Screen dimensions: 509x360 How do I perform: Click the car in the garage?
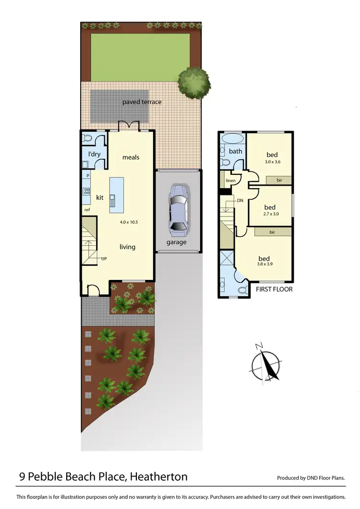(x=177, y=208)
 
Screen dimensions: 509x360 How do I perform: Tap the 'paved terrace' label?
(x=142, y=102)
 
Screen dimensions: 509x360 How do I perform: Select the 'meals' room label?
(x=131, y=157)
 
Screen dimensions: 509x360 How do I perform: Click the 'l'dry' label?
(x=94, y=154)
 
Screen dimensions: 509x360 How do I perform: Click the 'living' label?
(x=128, y=247)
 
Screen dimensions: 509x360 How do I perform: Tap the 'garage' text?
(x=177, y=242)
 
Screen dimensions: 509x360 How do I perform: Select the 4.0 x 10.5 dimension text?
(x=129, y=222)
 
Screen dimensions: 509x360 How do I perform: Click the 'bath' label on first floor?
(x=235, y=151)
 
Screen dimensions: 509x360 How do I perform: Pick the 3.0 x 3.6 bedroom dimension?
(x=272, y=162)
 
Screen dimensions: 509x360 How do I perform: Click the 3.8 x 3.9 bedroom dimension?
(x=264, y=264)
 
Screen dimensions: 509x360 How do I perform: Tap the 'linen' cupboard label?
(x=231, y=181)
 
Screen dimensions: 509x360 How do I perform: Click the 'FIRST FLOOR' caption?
(x=274, y=290)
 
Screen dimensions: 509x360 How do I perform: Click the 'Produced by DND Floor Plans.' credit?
(x=311, y=478)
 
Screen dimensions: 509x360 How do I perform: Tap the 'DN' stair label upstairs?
(x=240, y=200)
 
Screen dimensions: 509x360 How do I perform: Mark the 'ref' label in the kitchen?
(x=87, y=210)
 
